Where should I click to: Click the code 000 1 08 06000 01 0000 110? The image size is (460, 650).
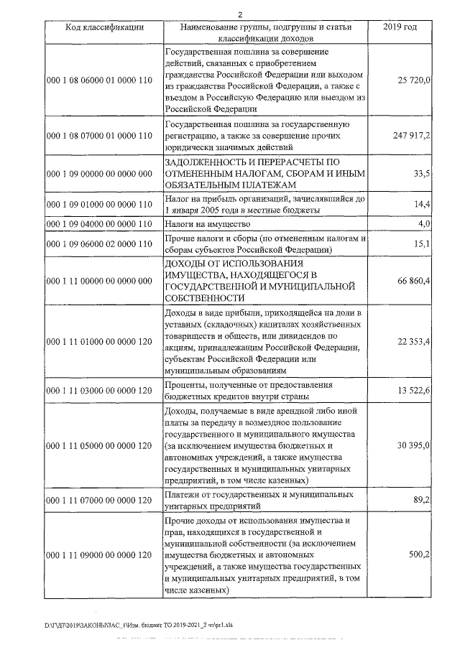pyautogui.click(x=99, y=80)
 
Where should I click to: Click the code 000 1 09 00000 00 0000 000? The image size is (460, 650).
pyautogui.click(x=99, y=174)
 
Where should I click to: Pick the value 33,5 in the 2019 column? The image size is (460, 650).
pyautogui.click(x=422, y=174)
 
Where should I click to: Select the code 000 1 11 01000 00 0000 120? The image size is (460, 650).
pyautogui.click(x=99, y=344)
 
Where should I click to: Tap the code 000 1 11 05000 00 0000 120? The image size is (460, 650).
pyautogui.click(x=99, y=446)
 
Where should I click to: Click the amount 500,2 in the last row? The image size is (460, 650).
pyautogui.click(x=420, y=555)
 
